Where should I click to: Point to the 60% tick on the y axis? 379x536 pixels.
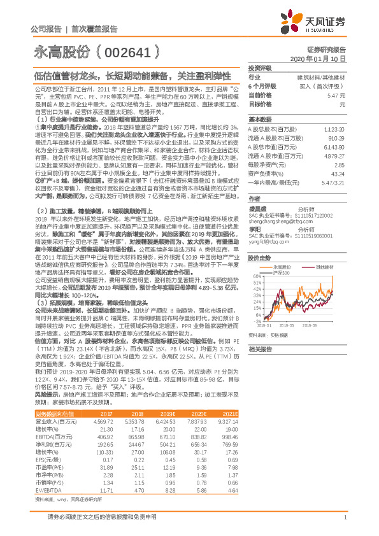254,258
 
